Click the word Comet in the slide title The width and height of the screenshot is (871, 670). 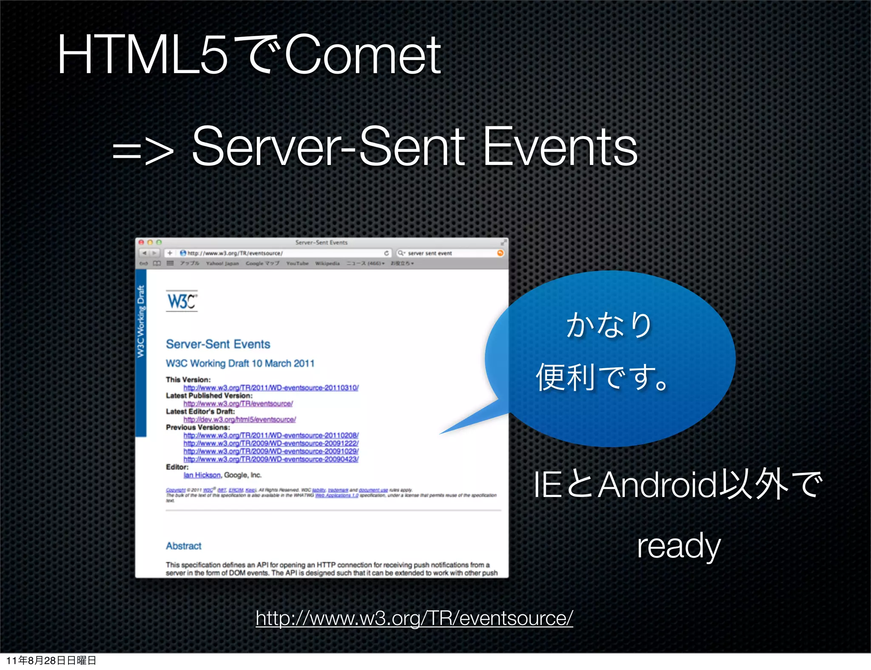coord(363,55)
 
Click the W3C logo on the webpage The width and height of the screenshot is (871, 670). coord(182,301)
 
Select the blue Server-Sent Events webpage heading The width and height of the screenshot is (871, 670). coord(218,344)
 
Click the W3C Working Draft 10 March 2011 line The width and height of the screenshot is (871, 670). coord(240,363)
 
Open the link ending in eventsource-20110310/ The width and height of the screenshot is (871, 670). coord(271,388)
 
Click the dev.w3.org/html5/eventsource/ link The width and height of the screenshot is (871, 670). coord(239,420)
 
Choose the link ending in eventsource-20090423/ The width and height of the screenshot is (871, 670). coord(271,459)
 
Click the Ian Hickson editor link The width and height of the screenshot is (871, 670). coord(202,475)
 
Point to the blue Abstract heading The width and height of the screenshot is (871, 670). coord(184,546)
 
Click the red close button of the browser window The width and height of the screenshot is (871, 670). coord(141,242)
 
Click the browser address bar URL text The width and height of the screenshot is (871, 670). coord(235,253)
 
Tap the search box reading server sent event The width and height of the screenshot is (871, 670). coord(430,253)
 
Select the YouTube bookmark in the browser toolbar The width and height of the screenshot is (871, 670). coord(297,264)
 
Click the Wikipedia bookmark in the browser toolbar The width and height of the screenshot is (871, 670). coord(327,264)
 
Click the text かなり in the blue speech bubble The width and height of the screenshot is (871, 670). coord(609,325)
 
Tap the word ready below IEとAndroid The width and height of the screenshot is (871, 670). coord(678,546)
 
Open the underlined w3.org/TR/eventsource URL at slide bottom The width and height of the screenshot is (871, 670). coord(414,618)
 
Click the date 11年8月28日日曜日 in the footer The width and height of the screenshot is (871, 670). coord(51,660)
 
